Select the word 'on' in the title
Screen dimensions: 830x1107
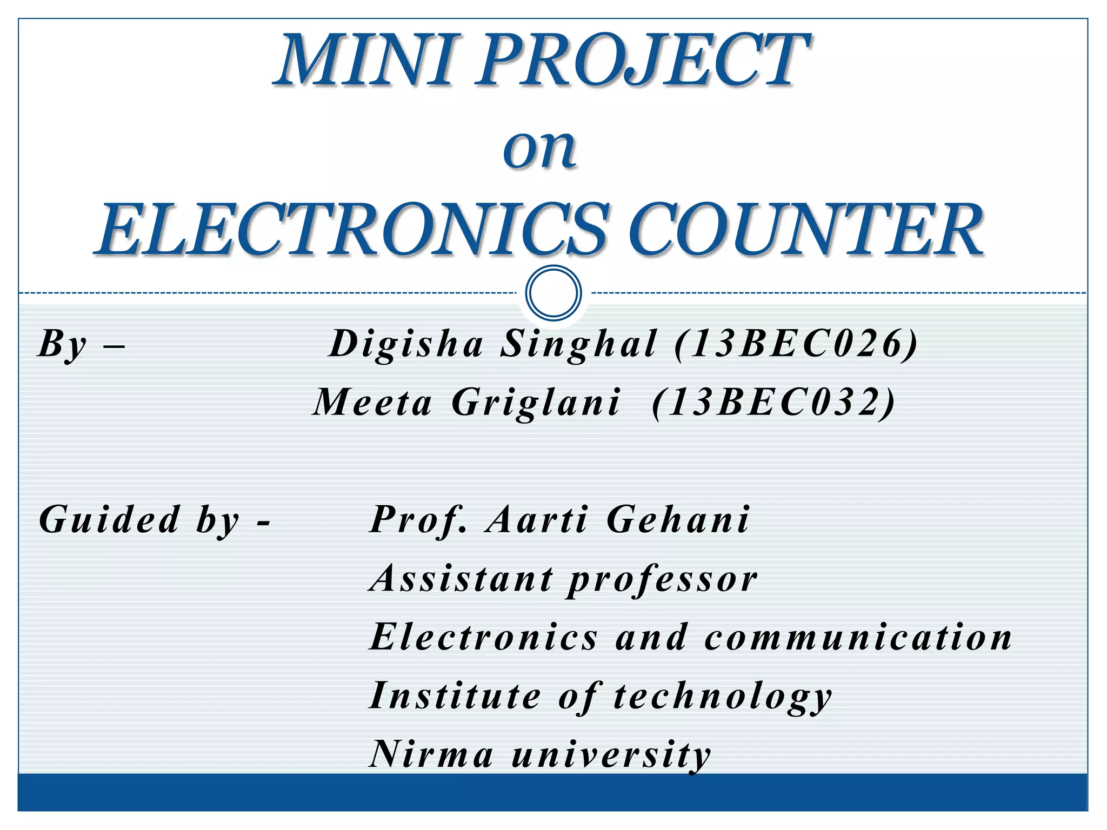[x=539, y=149]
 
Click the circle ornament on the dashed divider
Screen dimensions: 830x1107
[x=553, y=292]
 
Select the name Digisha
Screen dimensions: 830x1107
[x=407, y=344]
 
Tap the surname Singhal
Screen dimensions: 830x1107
[x=579, y=344]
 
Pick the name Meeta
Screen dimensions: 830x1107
[x=374, y=403]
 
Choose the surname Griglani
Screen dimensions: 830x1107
[x=536, y=403]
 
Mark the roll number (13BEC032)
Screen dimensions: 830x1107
[x=774, y=403]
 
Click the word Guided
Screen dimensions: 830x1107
[x=110, y=519]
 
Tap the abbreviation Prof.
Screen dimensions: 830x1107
[x=418, y=519]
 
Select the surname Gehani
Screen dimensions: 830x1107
[x=678, y=519]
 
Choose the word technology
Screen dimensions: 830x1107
[x=723, y=696]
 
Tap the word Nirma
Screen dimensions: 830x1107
[x=431, y=754]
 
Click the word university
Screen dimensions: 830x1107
[x=611, y=754]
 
